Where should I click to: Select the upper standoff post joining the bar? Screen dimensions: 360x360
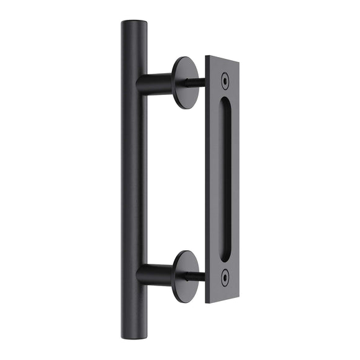pos(155,82)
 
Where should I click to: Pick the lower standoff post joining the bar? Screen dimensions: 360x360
pos(155,274)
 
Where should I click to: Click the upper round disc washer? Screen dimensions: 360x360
pos(184,82)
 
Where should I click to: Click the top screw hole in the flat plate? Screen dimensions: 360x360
pos(224,79)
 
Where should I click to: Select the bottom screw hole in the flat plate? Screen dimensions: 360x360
pos(224,273)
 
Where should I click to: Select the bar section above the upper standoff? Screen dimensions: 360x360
pos(135,50)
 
